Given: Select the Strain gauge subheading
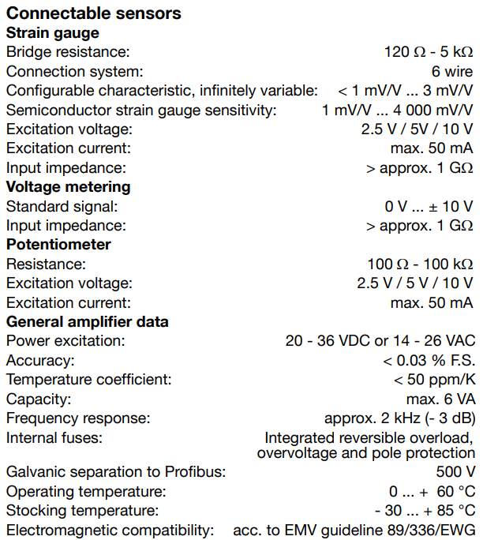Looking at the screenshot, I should [53, 33].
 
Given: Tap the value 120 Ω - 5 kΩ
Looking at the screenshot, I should [428, 52].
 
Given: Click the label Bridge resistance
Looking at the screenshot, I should [67, 52].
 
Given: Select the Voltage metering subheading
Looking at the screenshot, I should [68, 187].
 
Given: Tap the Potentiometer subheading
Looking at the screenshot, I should [58, 245].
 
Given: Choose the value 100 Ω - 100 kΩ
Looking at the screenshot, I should [420, 264].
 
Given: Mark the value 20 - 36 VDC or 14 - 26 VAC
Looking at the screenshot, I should [380, 341].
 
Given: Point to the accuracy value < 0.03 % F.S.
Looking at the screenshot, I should [429, 360].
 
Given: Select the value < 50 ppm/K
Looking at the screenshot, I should [433, 380].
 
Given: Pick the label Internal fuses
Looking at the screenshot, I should [54, 437].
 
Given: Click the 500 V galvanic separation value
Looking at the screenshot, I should [455, 473].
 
